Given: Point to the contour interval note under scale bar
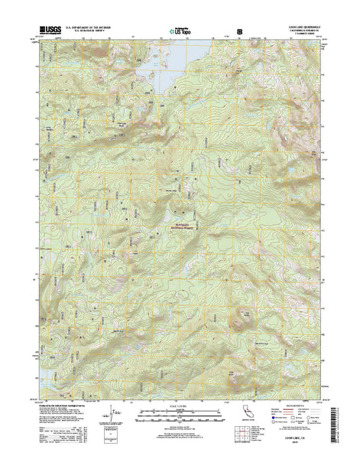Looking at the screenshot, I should (180, 425).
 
